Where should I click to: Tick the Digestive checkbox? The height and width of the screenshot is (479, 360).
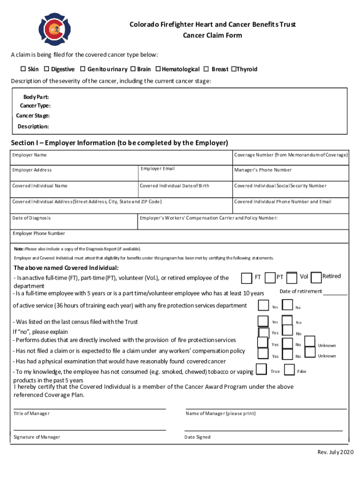tap(46, 69)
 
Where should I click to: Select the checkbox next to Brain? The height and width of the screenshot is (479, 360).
tap(133, 69)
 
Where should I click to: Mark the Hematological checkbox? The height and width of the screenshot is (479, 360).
tap(158, 69)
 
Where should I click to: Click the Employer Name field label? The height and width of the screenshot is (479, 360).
tap(29, 155)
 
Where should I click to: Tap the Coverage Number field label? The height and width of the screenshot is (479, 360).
tap(291, 155)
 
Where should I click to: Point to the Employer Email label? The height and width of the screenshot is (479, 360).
tap(158, 169)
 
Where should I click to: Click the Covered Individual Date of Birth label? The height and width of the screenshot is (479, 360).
tap(175, 186)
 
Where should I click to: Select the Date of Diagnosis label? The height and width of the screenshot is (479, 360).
tap(32, 218)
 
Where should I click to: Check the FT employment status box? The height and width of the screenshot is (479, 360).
tap(246, 278)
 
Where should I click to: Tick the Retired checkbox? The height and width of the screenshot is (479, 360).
tap(316, 277)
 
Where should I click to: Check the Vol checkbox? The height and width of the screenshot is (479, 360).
tap(292, 278)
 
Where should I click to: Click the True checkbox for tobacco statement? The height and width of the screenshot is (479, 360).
tap(263, 371)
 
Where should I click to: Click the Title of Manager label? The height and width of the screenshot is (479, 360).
tap(32, 414)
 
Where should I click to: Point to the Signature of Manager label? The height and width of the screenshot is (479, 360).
tap(37, 437)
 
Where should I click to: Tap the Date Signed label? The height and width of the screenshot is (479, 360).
tap(198, 437)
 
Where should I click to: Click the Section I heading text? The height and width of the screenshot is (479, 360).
tap(119, 143)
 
